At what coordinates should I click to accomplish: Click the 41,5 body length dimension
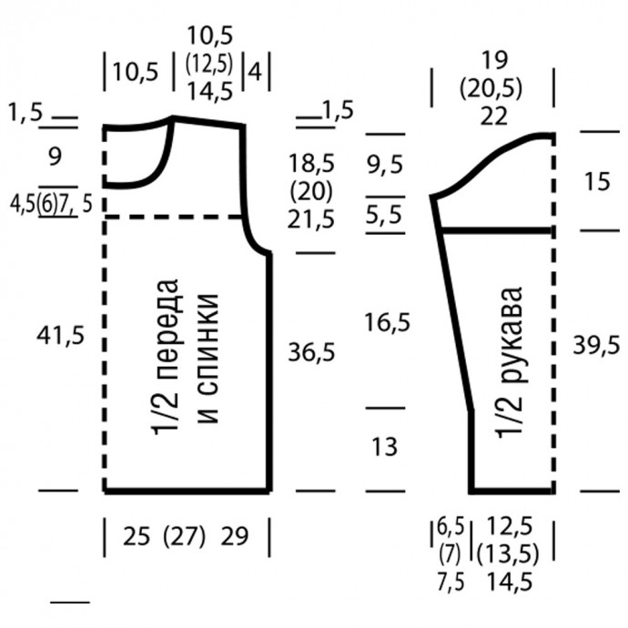coord(60,335)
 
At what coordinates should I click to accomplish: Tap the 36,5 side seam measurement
coord(311,353)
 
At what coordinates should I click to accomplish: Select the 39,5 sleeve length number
coord(596,345)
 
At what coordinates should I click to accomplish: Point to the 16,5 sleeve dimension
coord(388,322)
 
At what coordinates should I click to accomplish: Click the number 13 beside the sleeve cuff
coord(385,447)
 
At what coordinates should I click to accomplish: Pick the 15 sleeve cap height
coord(598,181)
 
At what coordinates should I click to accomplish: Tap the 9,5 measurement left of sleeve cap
coord(385,165)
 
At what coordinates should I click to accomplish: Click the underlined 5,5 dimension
coord(384,215)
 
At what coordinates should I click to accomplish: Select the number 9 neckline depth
coord(55,157)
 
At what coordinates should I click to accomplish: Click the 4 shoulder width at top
coord(255,73)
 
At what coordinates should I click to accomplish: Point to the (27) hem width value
coord(184,536)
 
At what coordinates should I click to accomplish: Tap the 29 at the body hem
coord(234,536)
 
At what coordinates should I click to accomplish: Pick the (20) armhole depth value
coord(311,191)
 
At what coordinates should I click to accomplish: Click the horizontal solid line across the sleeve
coord(497,231)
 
